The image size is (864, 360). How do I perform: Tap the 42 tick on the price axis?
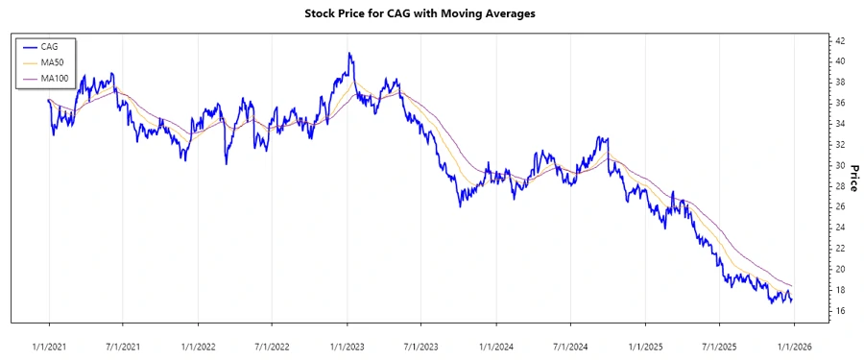pos(840,40)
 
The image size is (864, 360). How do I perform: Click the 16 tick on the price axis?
pos(840,311)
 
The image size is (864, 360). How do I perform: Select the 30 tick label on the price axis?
pos(840,165)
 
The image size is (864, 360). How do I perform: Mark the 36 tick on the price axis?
pos(840,103)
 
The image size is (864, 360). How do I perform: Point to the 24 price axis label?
pos(840,228)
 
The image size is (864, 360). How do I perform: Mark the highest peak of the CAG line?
pos(349,54)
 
